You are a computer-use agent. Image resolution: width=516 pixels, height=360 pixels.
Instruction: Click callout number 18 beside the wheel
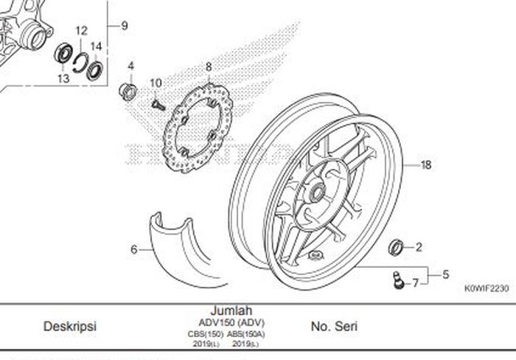(x=426, y=165)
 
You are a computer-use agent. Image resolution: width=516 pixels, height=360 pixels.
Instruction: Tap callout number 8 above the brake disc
(x=209, y=66)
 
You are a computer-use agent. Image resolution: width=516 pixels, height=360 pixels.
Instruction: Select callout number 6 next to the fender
(x=134, y=249)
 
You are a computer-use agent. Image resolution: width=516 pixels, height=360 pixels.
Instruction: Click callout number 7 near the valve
(x=446, y=274)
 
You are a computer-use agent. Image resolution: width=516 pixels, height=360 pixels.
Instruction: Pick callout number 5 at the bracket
(x=446, y=274)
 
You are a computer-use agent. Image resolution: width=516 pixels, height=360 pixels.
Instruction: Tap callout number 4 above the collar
(x=131, y=66)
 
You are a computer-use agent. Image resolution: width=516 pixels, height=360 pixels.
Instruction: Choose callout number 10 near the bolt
(x=156, y=82)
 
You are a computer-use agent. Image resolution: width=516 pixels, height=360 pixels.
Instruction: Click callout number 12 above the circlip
(x=81, y=32)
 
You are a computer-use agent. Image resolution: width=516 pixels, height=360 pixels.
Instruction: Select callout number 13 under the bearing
(x=63, y=78)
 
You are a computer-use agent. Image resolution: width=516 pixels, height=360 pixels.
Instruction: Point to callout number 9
(x=125, y=26)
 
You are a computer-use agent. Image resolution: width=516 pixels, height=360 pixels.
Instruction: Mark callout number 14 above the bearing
(x=95, y=46)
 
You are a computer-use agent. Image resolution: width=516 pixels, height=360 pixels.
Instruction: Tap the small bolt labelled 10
(x=157, y=105)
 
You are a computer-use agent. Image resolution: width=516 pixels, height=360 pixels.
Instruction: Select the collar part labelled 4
(x=128, y=91)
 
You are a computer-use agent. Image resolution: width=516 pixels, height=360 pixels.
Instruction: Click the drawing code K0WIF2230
(x=486, y=290)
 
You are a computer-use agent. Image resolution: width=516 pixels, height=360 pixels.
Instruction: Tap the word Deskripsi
(x=70, y=325)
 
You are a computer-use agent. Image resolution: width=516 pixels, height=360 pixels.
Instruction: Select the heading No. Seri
(x=334, y=325)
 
